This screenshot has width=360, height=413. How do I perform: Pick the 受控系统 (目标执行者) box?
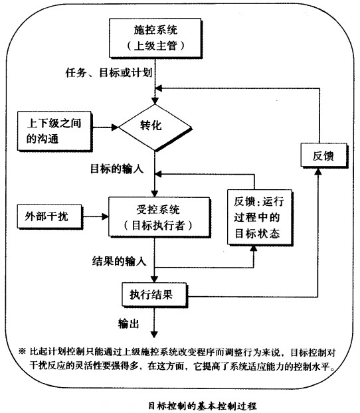154,216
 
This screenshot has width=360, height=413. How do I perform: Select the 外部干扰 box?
43,216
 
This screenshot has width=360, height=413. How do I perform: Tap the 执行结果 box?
153,292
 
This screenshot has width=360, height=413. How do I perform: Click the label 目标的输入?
117,169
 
